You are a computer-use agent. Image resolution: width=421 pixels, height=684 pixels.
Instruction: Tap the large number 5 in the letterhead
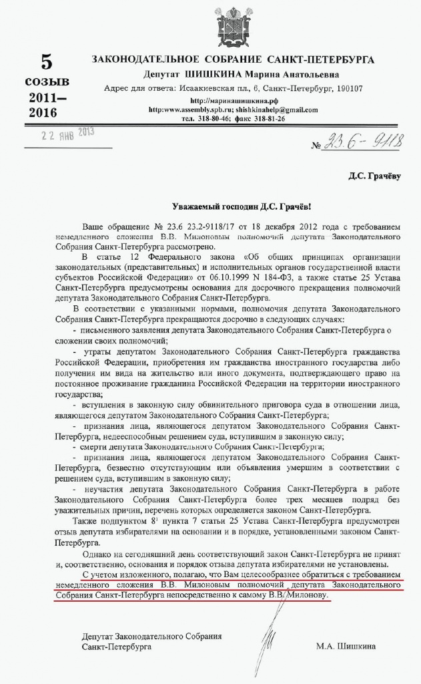click(x=46, y=63)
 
